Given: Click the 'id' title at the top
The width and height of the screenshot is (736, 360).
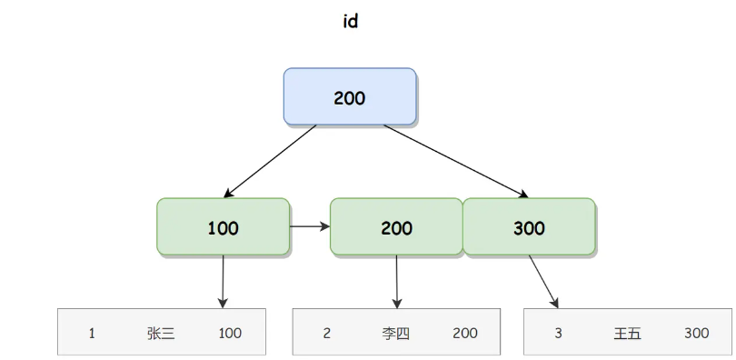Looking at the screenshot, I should [350, 22].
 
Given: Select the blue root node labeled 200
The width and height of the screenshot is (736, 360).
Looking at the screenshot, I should [350, 96].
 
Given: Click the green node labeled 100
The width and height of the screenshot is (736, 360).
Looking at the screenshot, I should [223, 227].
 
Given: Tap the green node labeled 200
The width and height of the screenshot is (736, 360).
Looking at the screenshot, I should [396, 227].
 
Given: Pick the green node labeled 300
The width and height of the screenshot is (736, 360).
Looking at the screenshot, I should [529, 227].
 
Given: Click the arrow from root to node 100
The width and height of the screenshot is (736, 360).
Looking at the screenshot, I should [271, 161].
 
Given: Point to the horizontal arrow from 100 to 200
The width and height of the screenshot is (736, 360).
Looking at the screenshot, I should [310, 226].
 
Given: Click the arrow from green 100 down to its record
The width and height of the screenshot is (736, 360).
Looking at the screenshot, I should [223, 281].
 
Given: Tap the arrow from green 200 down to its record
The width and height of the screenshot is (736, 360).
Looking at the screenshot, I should [396, 281].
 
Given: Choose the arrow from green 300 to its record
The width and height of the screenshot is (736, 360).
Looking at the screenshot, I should [543, 282].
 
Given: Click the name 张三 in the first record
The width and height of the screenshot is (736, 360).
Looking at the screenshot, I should [161, 333].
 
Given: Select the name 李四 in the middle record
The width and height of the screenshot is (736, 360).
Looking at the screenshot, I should [395, 333].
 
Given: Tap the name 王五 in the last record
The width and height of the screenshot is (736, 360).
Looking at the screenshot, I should [627, 333].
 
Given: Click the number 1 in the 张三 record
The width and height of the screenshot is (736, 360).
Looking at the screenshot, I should [92, 333].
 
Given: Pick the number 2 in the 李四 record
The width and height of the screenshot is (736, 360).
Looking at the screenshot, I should [326, 333].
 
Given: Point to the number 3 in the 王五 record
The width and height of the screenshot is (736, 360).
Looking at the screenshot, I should [558, 333].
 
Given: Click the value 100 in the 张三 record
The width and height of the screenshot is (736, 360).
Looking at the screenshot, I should [230, 333].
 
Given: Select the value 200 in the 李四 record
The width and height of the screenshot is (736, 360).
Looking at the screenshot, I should [465, 333].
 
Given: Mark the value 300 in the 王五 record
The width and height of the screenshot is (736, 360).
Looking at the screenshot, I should [697, 333].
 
